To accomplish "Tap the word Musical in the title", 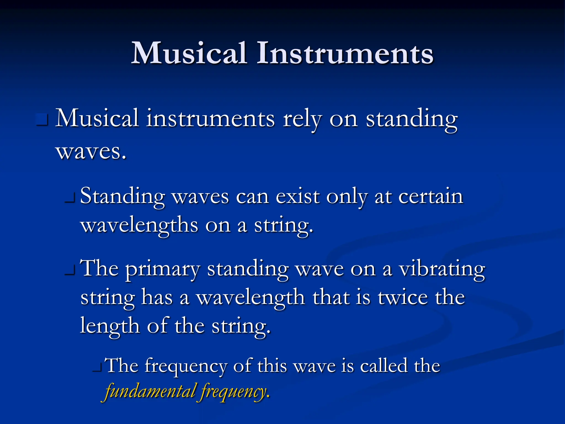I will (189, 53).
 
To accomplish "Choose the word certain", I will (431, 197).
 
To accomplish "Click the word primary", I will (162, 269).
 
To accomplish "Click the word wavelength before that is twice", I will (250, 298).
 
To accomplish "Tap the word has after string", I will (157, 298).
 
